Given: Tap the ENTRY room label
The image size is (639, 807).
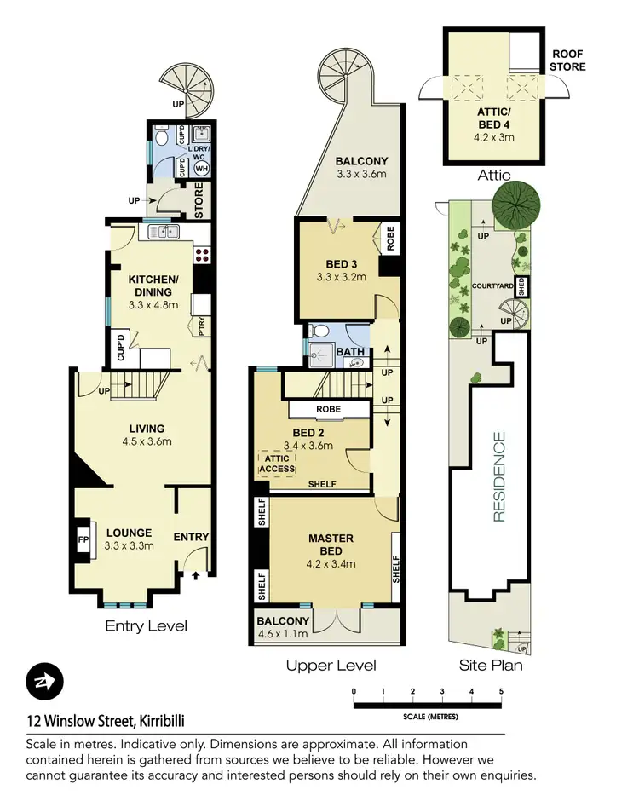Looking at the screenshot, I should [x=191, y=537].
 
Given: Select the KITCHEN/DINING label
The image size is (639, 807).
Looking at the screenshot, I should [x=153, y=285].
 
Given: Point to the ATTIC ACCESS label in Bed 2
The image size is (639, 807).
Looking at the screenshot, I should [x=277, y=464].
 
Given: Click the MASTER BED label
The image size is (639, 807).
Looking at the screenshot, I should [x=331, y=544].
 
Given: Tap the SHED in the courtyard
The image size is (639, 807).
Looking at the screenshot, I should [x=524, y=287].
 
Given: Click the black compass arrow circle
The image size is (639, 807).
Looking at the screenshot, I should [x=44, y=682].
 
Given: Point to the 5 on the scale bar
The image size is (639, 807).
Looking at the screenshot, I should [x=502, y=691].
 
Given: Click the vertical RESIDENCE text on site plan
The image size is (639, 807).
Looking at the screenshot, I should [x=498, y=477].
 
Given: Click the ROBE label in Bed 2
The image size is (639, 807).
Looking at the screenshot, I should [x=328, y=410].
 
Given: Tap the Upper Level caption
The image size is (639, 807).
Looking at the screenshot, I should [x=331, y=666].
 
